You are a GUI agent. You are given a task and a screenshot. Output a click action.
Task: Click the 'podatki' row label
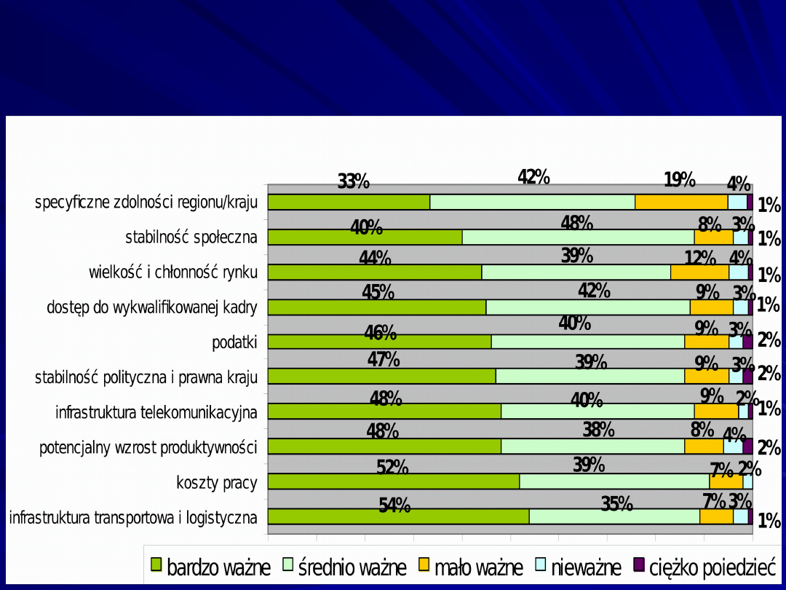click(x=234, y=342)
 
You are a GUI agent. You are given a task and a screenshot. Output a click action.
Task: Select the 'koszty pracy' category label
click(x=216, y=482)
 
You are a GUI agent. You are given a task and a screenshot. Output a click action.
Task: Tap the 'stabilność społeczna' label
click(x=191, y=237)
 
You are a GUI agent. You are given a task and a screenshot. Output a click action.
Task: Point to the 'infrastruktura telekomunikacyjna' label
click(x=156, y=412)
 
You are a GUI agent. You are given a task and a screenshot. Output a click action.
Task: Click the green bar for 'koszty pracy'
click(x=394, y=481)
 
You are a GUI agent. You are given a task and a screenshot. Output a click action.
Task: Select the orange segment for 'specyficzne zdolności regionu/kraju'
click(x=681, y=202)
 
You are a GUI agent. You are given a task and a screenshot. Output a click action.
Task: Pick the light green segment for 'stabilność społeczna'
click(x=578, y=237)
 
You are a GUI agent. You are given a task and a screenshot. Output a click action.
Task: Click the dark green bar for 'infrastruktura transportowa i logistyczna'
click(x=398, y=516)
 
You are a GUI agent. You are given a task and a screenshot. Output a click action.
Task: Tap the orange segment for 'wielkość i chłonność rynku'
click(x=699, y=272)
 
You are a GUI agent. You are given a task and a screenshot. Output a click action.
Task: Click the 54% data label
click(x=394, y=505)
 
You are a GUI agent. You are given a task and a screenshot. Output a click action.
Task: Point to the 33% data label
click(x=354, y=181)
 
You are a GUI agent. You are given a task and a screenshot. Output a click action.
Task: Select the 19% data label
click(x=680, y=179)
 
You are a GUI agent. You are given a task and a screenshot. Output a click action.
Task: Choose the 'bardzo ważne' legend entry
click(x=210, y=567)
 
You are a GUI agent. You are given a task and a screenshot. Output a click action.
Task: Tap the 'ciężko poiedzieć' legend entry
click(x=705, y=567)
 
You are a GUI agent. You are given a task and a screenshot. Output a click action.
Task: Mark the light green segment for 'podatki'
click(x=587, y=342)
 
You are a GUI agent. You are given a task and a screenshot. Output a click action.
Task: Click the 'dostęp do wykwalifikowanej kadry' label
click(x=151, y=307)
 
